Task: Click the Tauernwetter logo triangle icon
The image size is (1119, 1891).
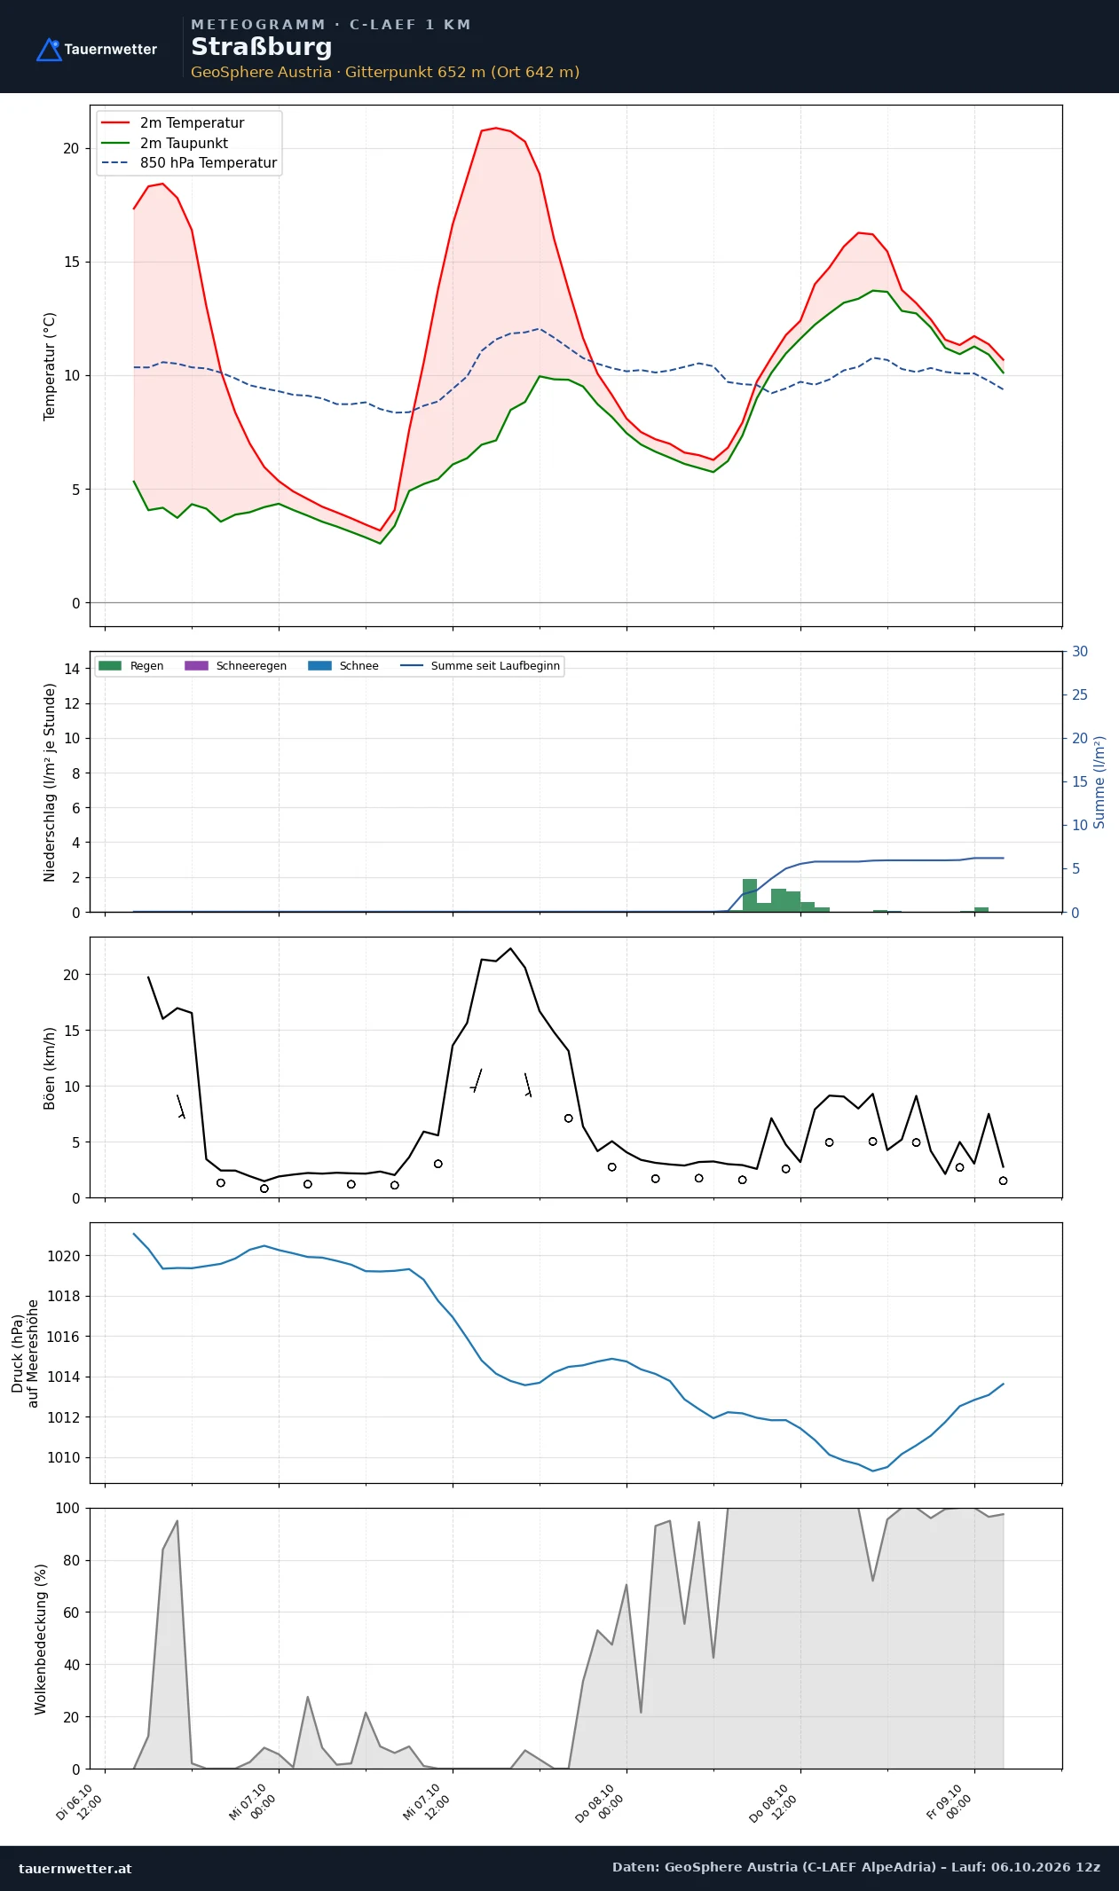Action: (49, 50)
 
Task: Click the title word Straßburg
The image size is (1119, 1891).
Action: (262, 47)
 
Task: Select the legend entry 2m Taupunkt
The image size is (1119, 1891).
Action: (165, 143)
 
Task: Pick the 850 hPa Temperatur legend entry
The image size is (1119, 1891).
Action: (190, 163)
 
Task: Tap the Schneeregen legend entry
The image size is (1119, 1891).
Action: (235, 666)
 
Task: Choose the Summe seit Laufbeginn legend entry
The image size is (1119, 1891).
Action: (480, 666)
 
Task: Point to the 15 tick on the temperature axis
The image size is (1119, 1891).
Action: (71, 263)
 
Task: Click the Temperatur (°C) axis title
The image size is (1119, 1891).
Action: (50, 366)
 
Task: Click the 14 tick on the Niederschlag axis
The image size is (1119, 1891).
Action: (71, 669)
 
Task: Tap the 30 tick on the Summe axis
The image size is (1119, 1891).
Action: (1080, 652)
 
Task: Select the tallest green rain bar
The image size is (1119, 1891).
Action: (750, 895)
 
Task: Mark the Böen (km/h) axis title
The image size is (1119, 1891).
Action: (50, 1069)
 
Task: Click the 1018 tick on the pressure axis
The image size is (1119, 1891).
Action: (63, 1297)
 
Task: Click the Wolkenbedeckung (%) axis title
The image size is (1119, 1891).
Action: (41, 1639)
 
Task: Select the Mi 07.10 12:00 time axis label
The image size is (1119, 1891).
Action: (427, 1802)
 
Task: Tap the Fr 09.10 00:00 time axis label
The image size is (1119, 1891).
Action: (949, 1802)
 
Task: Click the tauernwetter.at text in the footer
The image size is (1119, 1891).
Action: (75, 1868)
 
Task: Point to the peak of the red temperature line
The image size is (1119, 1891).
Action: (496, 128)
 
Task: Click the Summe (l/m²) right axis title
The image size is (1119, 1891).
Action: (1099, 782)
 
